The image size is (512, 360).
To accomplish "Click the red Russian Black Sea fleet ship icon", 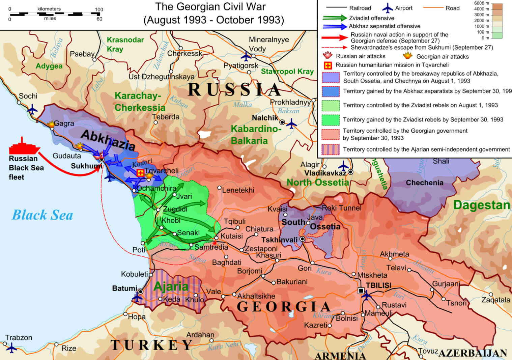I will pyautogui.click(x=24, y=147).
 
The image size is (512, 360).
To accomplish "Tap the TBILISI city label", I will pyautogui.click(x=378, y=285).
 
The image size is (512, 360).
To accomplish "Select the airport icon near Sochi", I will pyautogui.click(x=32, y=109).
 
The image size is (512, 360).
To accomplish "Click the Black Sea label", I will pyautogui.click(x=42, y=215).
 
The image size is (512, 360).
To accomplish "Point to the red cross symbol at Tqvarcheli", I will pyautogui.click(x=140, y=173).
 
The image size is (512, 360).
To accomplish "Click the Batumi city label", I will pyautogui.click(x=124, y=288).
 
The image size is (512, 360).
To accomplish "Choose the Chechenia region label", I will pyautogui.click(x=424, y=183).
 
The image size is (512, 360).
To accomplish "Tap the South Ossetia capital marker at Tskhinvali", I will pyautogui.click(x=303, y=239).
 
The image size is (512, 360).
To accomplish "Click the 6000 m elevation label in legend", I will pyautogui.click(x=481, y=3).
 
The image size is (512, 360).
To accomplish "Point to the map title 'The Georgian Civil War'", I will pyautogui.click(x=210, y=7).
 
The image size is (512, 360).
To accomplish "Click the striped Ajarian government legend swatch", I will pyautogui.click(x=330, y=149).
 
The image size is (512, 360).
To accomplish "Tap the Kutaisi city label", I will pyautogui.click(x=232, y=236).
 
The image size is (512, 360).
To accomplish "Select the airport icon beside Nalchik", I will pyautogui.click(x=291, y=124).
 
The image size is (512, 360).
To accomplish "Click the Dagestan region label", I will pyautogui.click(x=481, y=205).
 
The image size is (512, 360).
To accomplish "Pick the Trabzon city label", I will pyautogui.click(x=19, y=338).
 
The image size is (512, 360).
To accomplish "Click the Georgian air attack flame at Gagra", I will pyautogui.click(x=51, y=124).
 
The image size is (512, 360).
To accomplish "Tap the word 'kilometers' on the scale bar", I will pyautogui.click(x=49, y=9).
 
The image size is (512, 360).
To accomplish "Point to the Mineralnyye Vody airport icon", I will pyautogui.click(x=246, y=56).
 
